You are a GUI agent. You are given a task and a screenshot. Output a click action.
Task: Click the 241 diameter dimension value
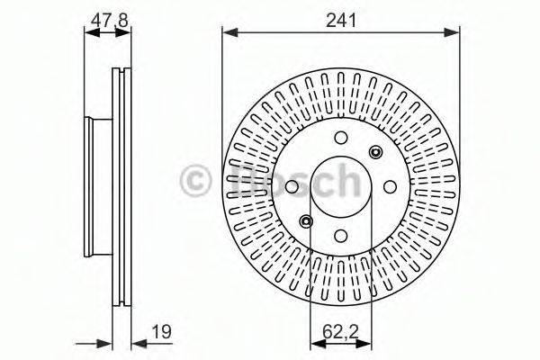click(x=341, y=21)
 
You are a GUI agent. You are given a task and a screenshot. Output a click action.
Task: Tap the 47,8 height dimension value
click(x=109, y=21)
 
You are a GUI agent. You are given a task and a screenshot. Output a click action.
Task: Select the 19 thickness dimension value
click(x=162, y=332)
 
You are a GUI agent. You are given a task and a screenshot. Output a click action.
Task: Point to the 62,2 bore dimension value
click(x=340, y=332)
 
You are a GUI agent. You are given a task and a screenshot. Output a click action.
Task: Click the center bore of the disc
click(x=341, y=186)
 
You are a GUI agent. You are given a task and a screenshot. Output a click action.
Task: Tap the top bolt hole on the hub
click(x=341, y=138)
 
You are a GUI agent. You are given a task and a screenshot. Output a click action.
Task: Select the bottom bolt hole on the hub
click(x=341, y=236)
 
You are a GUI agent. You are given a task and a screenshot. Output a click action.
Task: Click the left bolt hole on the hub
click(x=292, y=186)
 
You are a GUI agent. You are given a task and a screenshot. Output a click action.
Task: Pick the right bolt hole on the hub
click(x=390, y=186)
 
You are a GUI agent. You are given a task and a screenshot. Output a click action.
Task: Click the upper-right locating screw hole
click(x=375, y=152)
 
